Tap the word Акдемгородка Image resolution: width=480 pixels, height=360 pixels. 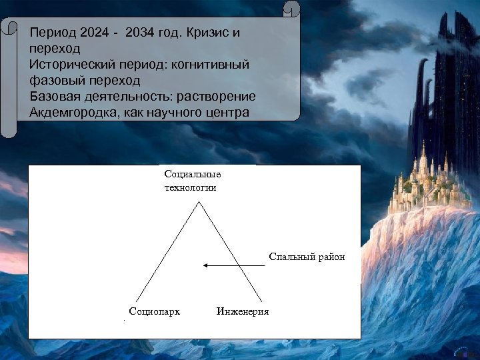click(73, 112)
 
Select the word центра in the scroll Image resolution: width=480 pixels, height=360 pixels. click(224, 112)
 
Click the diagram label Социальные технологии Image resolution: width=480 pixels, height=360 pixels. click(192, 181)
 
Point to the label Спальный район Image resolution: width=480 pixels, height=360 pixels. click(307, 257)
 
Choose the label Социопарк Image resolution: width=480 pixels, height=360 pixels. click(154, 311)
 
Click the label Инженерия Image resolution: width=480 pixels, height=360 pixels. click(243, 311)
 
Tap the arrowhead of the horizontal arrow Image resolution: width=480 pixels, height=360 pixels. click(206, 265)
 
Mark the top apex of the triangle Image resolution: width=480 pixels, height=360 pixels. click(198, 203)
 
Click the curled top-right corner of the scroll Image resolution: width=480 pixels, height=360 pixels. click(291, 10)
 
